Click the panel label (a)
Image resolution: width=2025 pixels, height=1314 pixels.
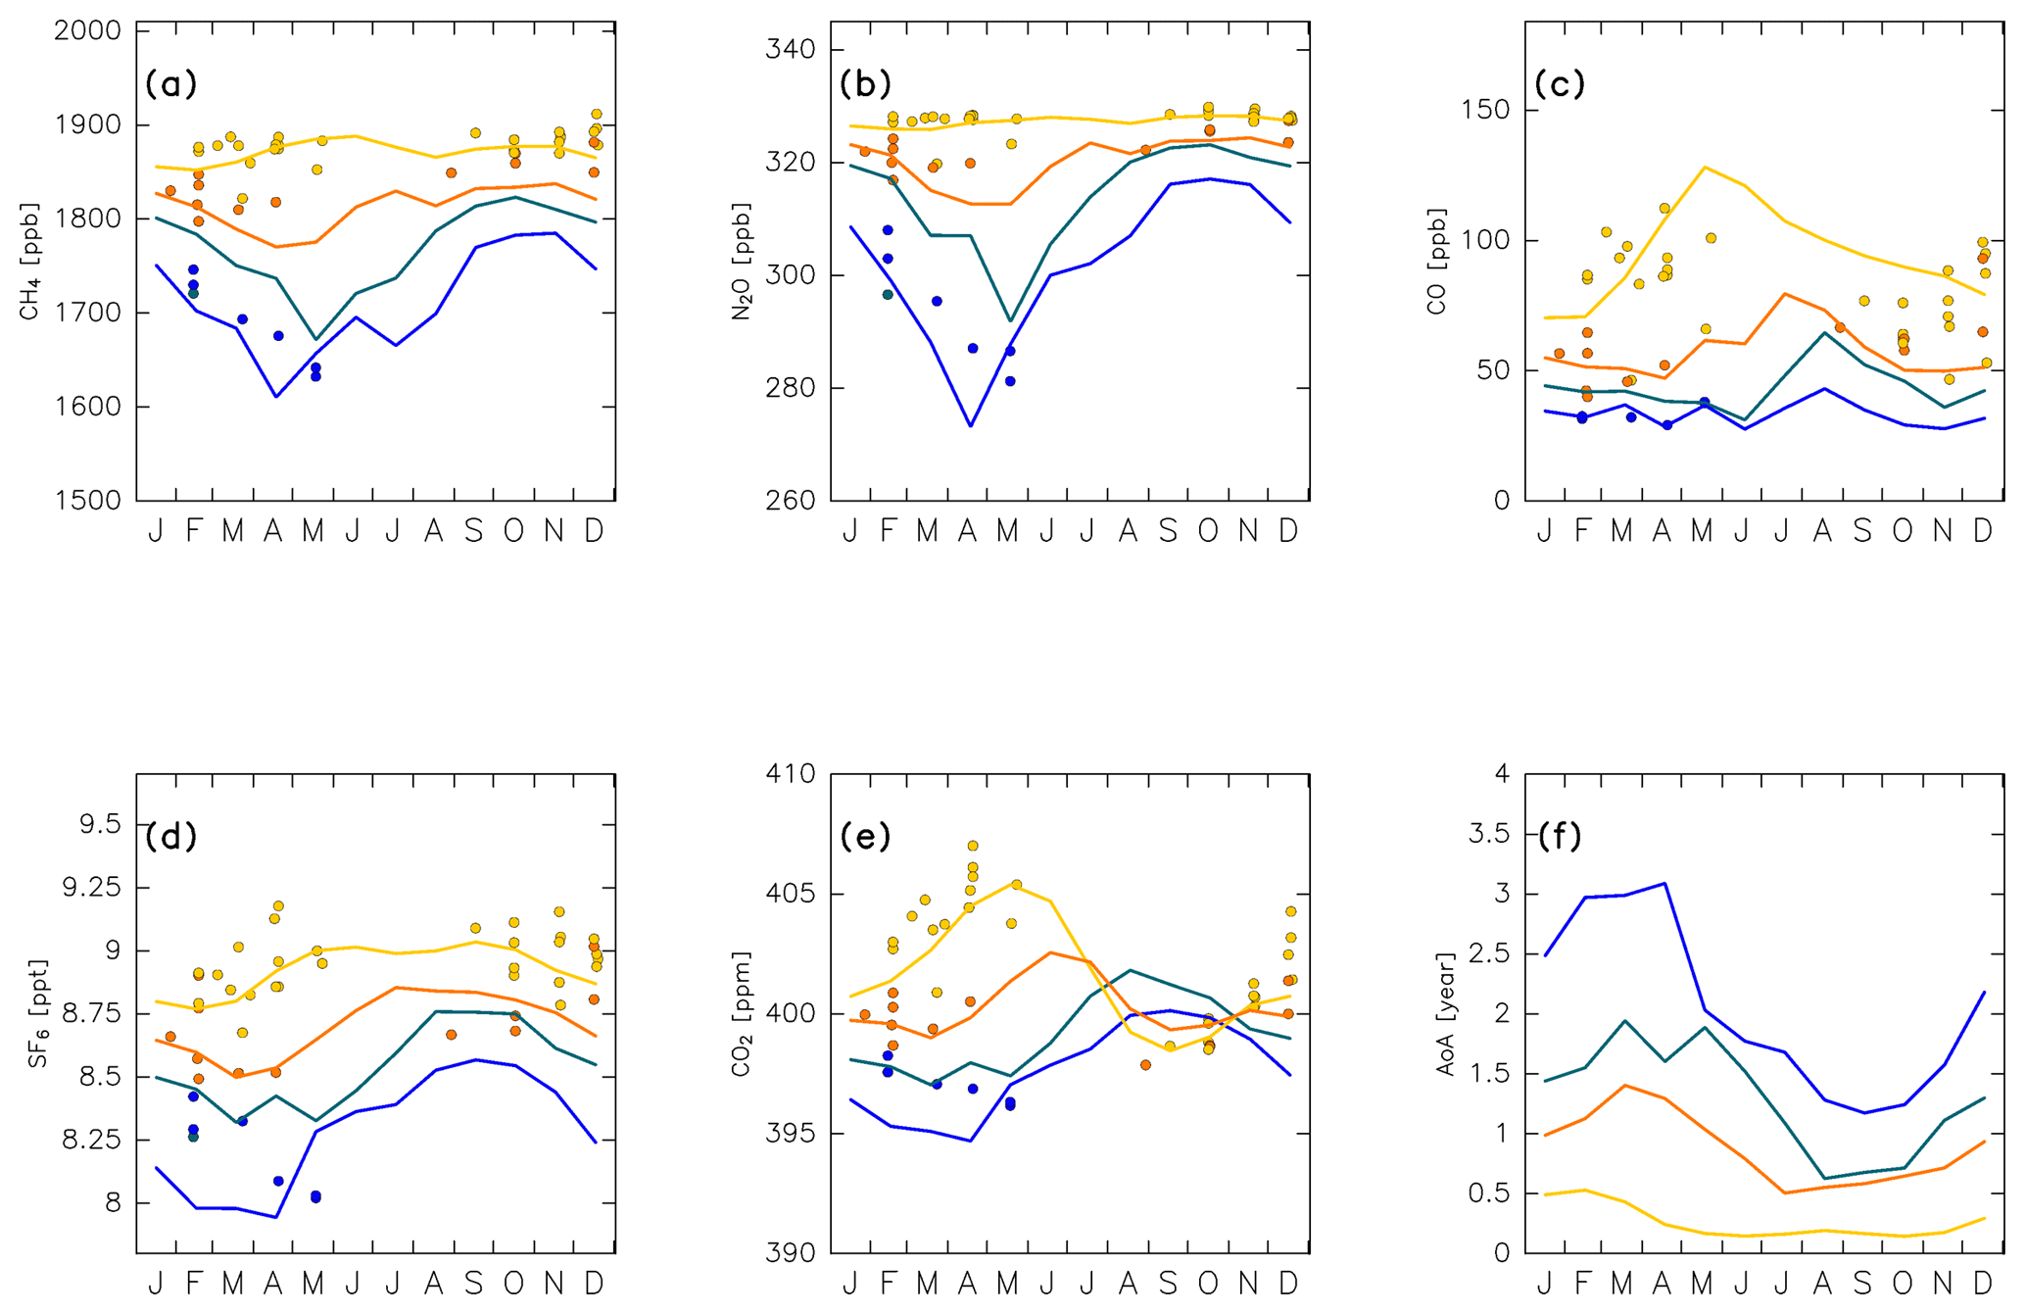click(171, 84)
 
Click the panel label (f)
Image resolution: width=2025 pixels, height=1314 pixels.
click(1560, 836)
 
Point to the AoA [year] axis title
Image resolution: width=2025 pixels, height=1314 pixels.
click(1446, 1013)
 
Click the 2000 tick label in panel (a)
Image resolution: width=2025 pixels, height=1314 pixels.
click(87, 31)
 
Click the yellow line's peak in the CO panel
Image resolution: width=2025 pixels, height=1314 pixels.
click(1705, 167)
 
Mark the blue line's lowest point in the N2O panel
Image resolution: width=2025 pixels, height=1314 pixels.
click(970, 426)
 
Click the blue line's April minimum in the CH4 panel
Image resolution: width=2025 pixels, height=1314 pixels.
click(276, 397)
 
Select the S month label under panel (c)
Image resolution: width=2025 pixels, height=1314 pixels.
click(1862, 531)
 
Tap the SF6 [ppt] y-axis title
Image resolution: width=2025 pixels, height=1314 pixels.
click(37, 1013)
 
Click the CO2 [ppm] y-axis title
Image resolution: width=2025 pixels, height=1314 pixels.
click(741, 1013)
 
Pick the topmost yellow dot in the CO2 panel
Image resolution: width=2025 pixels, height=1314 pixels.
click(973, 846)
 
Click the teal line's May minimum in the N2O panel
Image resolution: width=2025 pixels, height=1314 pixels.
click(1010, 321)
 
